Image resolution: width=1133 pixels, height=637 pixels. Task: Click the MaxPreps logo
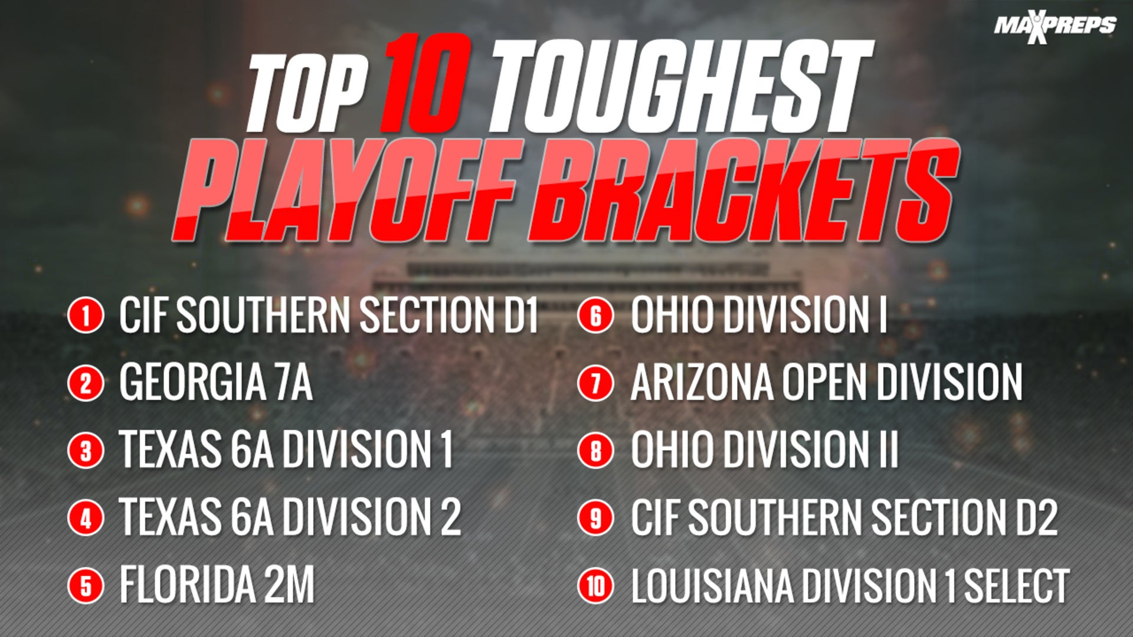[x=1055, y=27]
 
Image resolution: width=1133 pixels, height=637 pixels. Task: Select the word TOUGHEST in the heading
[x=679, y=88]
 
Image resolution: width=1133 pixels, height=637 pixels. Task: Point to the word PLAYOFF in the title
[x=348, y=192]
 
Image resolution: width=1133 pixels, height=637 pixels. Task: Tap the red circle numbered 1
[x=86, y=315]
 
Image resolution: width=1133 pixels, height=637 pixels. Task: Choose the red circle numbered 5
[x=86, y=586]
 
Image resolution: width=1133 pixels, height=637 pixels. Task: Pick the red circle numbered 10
[x=595, y=586]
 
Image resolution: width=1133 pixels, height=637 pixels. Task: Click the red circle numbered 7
[x=595, y=383]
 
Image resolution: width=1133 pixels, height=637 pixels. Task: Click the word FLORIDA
[x=188, y=586]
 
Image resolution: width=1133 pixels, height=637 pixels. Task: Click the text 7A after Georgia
[x=293, y=383]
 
